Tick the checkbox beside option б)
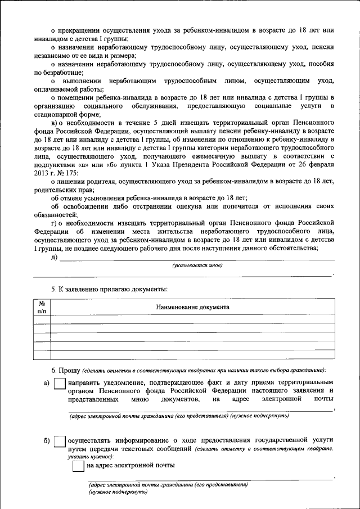[x=59, y=442]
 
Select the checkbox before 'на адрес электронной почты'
[x=78, y=466]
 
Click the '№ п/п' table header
[x=42, y=307]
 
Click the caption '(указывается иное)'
[x=197, y=265]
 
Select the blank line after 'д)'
[x=197, y=259]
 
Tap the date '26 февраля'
[x=316, y=165]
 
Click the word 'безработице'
[x=64, y=73]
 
